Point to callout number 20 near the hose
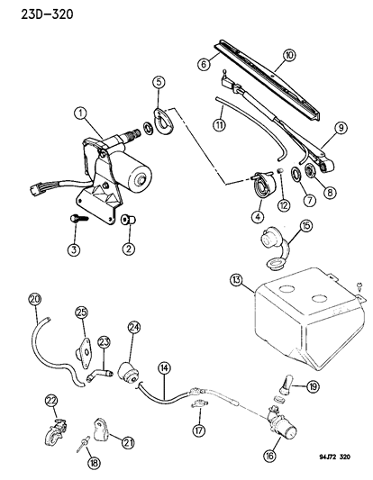[x=35, y=299]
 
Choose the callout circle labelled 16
[x=270, y=457]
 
